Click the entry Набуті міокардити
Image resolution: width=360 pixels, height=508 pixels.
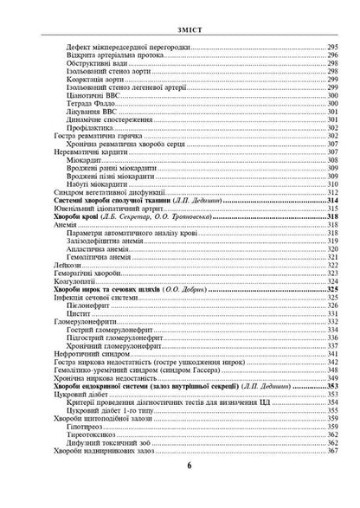tap(97, 183)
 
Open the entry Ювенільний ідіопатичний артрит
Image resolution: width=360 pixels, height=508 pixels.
tap(109, 209)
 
